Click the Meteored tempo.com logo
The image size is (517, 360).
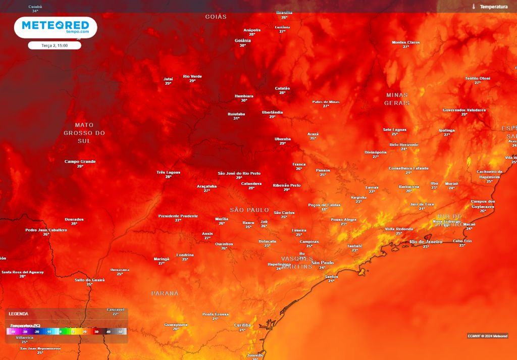click(56, 27)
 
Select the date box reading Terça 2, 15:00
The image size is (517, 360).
click(55, 45)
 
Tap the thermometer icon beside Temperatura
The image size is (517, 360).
click(474, 7)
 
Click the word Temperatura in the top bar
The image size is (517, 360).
click(493, 7)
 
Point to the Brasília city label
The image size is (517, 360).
click(284, 13)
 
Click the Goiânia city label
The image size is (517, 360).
click(242, 40)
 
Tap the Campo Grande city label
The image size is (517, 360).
click(80, 162)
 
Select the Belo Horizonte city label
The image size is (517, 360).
click(404, 144)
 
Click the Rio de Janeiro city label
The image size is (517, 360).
click(426, 242)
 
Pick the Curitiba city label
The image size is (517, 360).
click(242, 325)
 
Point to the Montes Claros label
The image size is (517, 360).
click(405, 42)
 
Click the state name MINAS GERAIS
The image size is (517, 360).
click(397, 99)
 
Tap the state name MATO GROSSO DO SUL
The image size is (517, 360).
click(84, 133)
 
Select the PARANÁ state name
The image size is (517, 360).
click(165, 293)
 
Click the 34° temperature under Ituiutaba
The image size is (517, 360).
click(236, 119)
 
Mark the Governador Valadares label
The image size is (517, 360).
click(464, 110)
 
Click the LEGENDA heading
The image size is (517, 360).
click(19, 314)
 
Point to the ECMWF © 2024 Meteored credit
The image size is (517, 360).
click(488, 336)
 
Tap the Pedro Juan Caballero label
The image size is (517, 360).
click(46, 230)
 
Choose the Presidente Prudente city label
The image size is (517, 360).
click(178, 216)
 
